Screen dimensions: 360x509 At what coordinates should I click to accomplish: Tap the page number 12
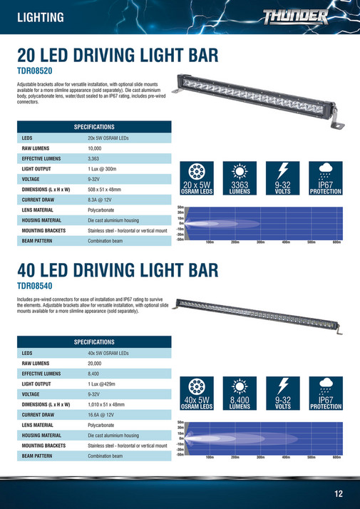click(x=339, y=493)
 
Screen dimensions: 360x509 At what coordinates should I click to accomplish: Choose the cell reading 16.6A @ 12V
click(x=103, y=414)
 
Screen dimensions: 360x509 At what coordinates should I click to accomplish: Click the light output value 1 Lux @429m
click(x=107, y=384)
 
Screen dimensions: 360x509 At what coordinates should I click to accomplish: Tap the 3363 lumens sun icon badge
click(x=240, y=178)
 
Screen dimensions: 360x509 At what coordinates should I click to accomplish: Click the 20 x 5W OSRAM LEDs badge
click(x=198, y=178)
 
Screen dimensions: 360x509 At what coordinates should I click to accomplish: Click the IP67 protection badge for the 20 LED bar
click(x=326, y=178)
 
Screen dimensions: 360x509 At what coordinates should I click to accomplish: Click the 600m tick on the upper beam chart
click(x=336, y=242)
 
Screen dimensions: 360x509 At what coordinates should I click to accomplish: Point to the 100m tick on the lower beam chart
click(x=210, y=457)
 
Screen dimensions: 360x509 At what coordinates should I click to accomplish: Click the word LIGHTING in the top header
click(x=40, y=17)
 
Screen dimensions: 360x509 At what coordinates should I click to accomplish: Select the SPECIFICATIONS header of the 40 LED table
click(x=93, y=341)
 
